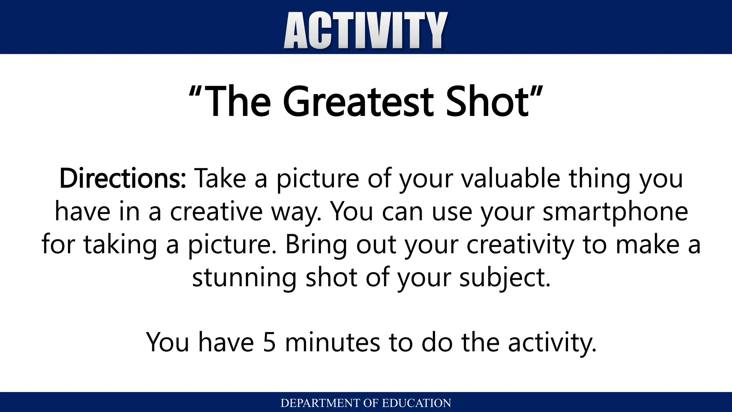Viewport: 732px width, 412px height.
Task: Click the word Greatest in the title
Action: point(358,102)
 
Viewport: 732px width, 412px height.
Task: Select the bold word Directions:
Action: point(123,178)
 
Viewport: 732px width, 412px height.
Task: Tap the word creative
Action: point(216,212)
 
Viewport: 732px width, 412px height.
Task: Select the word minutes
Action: point(332,343)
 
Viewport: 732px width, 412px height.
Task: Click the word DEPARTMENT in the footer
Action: point(321,403)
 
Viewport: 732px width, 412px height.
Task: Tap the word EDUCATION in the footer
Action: point(416,403)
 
